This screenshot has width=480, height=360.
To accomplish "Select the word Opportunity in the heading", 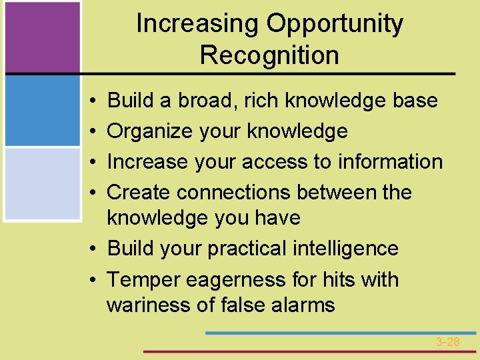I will point(335,24).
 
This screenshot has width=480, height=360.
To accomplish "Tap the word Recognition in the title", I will point(269,55).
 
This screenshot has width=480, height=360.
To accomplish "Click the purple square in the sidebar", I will point(43,37).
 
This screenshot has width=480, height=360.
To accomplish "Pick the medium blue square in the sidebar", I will point(43,111).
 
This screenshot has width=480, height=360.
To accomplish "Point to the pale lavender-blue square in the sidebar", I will point(43,183).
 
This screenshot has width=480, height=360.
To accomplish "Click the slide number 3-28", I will point(448,342).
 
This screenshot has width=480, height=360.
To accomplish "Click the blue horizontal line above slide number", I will point(340,332).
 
